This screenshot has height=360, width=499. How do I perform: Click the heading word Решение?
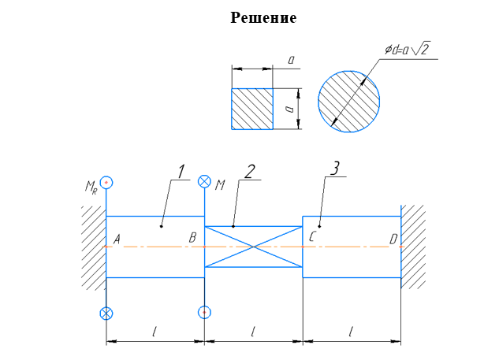[x=263, y=17]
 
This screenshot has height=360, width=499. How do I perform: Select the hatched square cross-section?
[x=252, y=109]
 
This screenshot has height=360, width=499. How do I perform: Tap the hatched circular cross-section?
[x=348, y=102]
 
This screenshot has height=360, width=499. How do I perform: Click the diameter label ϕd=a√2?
[x=408, y=49]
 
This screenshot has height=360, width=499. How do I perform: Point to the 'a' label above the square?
[x=291, y=59]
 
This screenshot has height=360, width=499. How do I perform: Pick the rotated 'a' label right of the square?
[x=289, y=109]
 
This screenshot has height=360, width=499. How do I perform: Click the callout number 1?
[x=181, y=172]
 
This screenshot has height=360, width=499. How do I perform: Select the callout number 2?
[x=249, y=172]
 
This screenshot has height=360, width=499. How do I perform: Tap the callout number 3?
[x=335, y=169]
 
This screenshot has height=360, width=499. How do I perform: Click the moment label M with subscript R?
[x=91, y=187]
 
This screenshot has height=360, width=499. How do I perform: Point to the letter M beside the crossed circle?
[x=220, y=185]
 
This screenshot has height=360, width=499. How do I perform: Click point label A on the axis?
[x=117, y=239]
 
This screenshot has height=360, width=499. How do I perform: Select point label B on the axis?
[x=192, y=238]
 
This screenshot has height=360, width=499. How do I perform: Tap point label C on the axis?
[x=312, y=237]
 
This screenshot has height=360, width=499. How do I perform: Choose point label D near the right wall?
[x=393, y=239]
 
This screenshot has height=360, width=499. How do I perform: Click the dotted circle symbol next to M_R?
[x=106, y=182]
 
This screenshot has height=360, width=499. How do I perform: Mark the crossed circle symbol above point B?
[x=204, y=181]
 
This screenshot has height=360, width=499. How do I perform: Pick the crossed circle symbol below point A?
[x=106, y=314]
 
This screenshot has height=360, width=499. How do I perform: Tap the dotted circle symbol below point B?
[x=204, y=312]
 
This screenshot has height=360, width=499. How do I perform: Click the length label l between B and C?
[x=253, y=332]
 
